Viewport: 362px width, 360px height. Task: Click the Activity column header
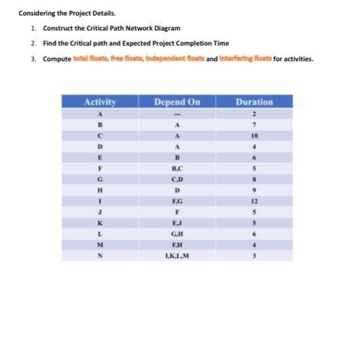tap(100, 101)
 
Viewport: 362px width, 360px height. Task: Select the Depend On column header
tap(177, 101)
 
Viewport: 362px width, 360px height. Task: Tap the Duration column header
tap(254, 101)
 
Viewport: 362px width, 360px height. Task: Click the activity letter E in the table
tap(100, 157)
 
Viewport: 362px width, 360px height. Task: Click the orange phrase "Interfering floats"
tap(244, 59)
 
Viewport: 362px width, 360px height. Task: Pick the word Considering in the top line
tap(35, 12)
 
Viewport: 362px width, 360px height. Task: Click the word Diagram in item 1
tap(167, 28)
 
